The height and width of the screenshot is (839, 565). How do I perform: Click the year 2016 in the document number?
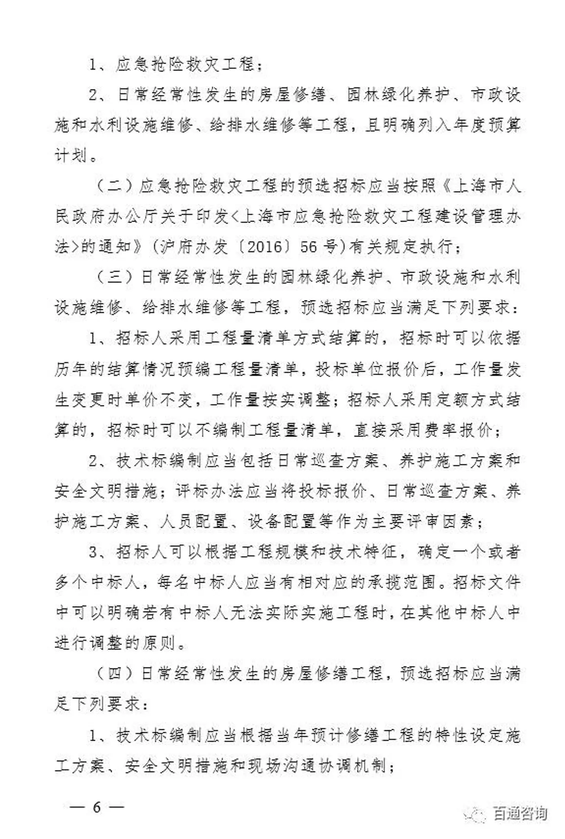(x=266, y=246)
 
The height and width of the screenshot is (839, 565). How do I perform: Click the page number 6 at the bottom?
(x=97, y=807)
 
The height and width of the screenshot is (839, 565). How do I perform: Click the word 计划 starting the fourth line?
(x=71, y=156)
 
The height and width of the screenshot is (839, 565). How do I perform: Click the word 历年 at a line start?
(x=71, y=369)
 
